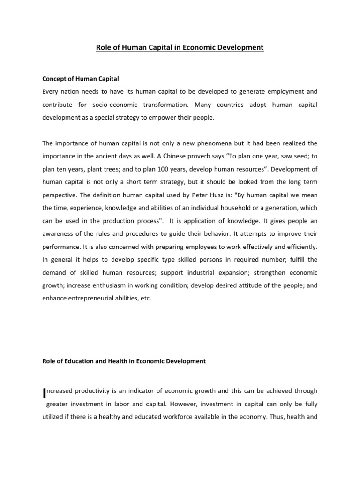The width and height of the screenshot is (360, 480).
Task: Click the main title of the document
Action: tap(180, 47)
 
